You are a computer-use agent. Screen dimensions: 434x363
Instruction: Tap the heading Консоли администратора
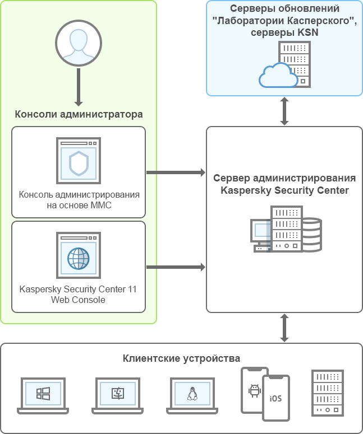point(79,114)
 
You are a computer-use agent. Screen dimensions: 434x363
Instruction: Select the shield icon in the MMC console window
point(79,163)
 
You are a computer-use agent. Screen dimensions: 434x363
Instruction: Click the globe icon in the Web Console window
point(79,258)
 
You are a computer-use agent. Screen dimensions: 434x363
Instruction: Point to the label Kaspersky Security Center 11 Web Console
point(78,295)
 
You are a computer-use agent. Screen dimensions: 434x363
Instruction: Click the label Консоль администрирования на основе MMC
point(79,200)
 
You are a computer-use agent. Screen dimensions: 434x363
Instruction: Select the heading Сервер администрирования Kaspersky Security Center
point(284,184)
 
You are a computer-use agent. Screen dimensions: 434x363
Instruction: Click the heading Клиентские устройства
point(181,358)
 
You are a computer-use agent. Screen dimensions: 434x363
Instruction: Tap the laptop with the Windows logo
point(43,394)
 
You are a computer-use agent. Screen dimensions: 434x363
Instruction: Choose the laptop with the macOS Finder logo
point(117,394)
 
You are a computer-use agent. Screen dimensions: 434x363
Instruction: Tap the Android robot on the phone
point(255,390)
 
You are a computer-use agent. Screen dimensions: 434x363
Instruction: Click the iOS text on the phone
point(275,399)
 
